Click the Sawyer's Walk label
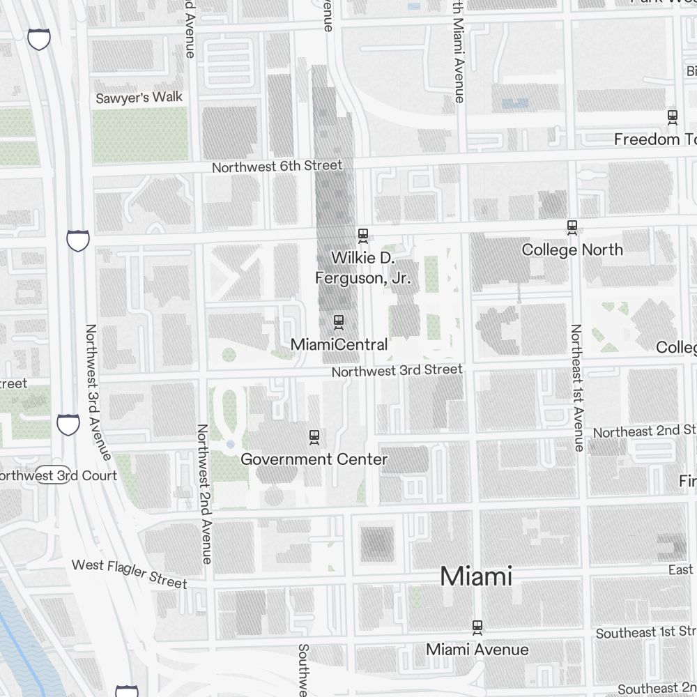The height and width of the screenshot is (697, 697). [139, 98]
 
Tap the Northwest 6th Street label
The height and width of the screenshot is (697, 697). [277, 166]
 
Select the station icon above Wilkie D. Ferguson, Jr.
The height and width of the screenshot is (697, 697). [362, 235]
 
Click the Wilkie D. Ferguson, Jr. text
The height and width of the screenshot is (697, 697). [362, 268]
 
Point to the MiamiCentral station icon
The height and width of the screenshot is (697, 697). [339, 321]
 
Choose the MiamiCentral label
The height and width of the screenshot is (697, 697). [339, 344]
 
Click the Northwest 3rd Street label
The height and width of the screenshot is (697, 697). [397, 370]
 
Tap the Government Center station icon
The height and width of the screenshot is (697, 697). [314, 437]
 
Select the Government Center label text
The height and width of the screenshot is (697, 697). [314, 459]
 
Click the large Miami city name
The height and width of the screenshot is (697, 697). [476, 576]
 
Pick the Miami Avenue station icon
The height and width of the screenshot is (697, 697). [477, 627]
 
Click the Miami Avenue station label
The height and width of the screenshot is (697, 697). [477, 650]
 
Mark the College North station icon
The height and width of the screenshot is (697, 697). [572, 226]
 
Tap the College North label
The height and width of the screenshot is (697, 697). [572, 250]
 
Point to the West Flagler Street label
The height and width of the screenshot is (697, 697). [130, 573]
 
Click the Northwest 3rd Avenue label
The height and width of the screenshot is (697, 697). [97, 392]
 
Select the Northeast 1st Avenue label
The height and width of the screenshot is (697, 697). [577, 388]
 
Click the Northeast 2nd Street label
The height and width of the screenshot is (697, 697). [644, 431]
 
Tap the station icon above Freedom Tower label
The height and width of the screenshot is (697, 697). [673, 116]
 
